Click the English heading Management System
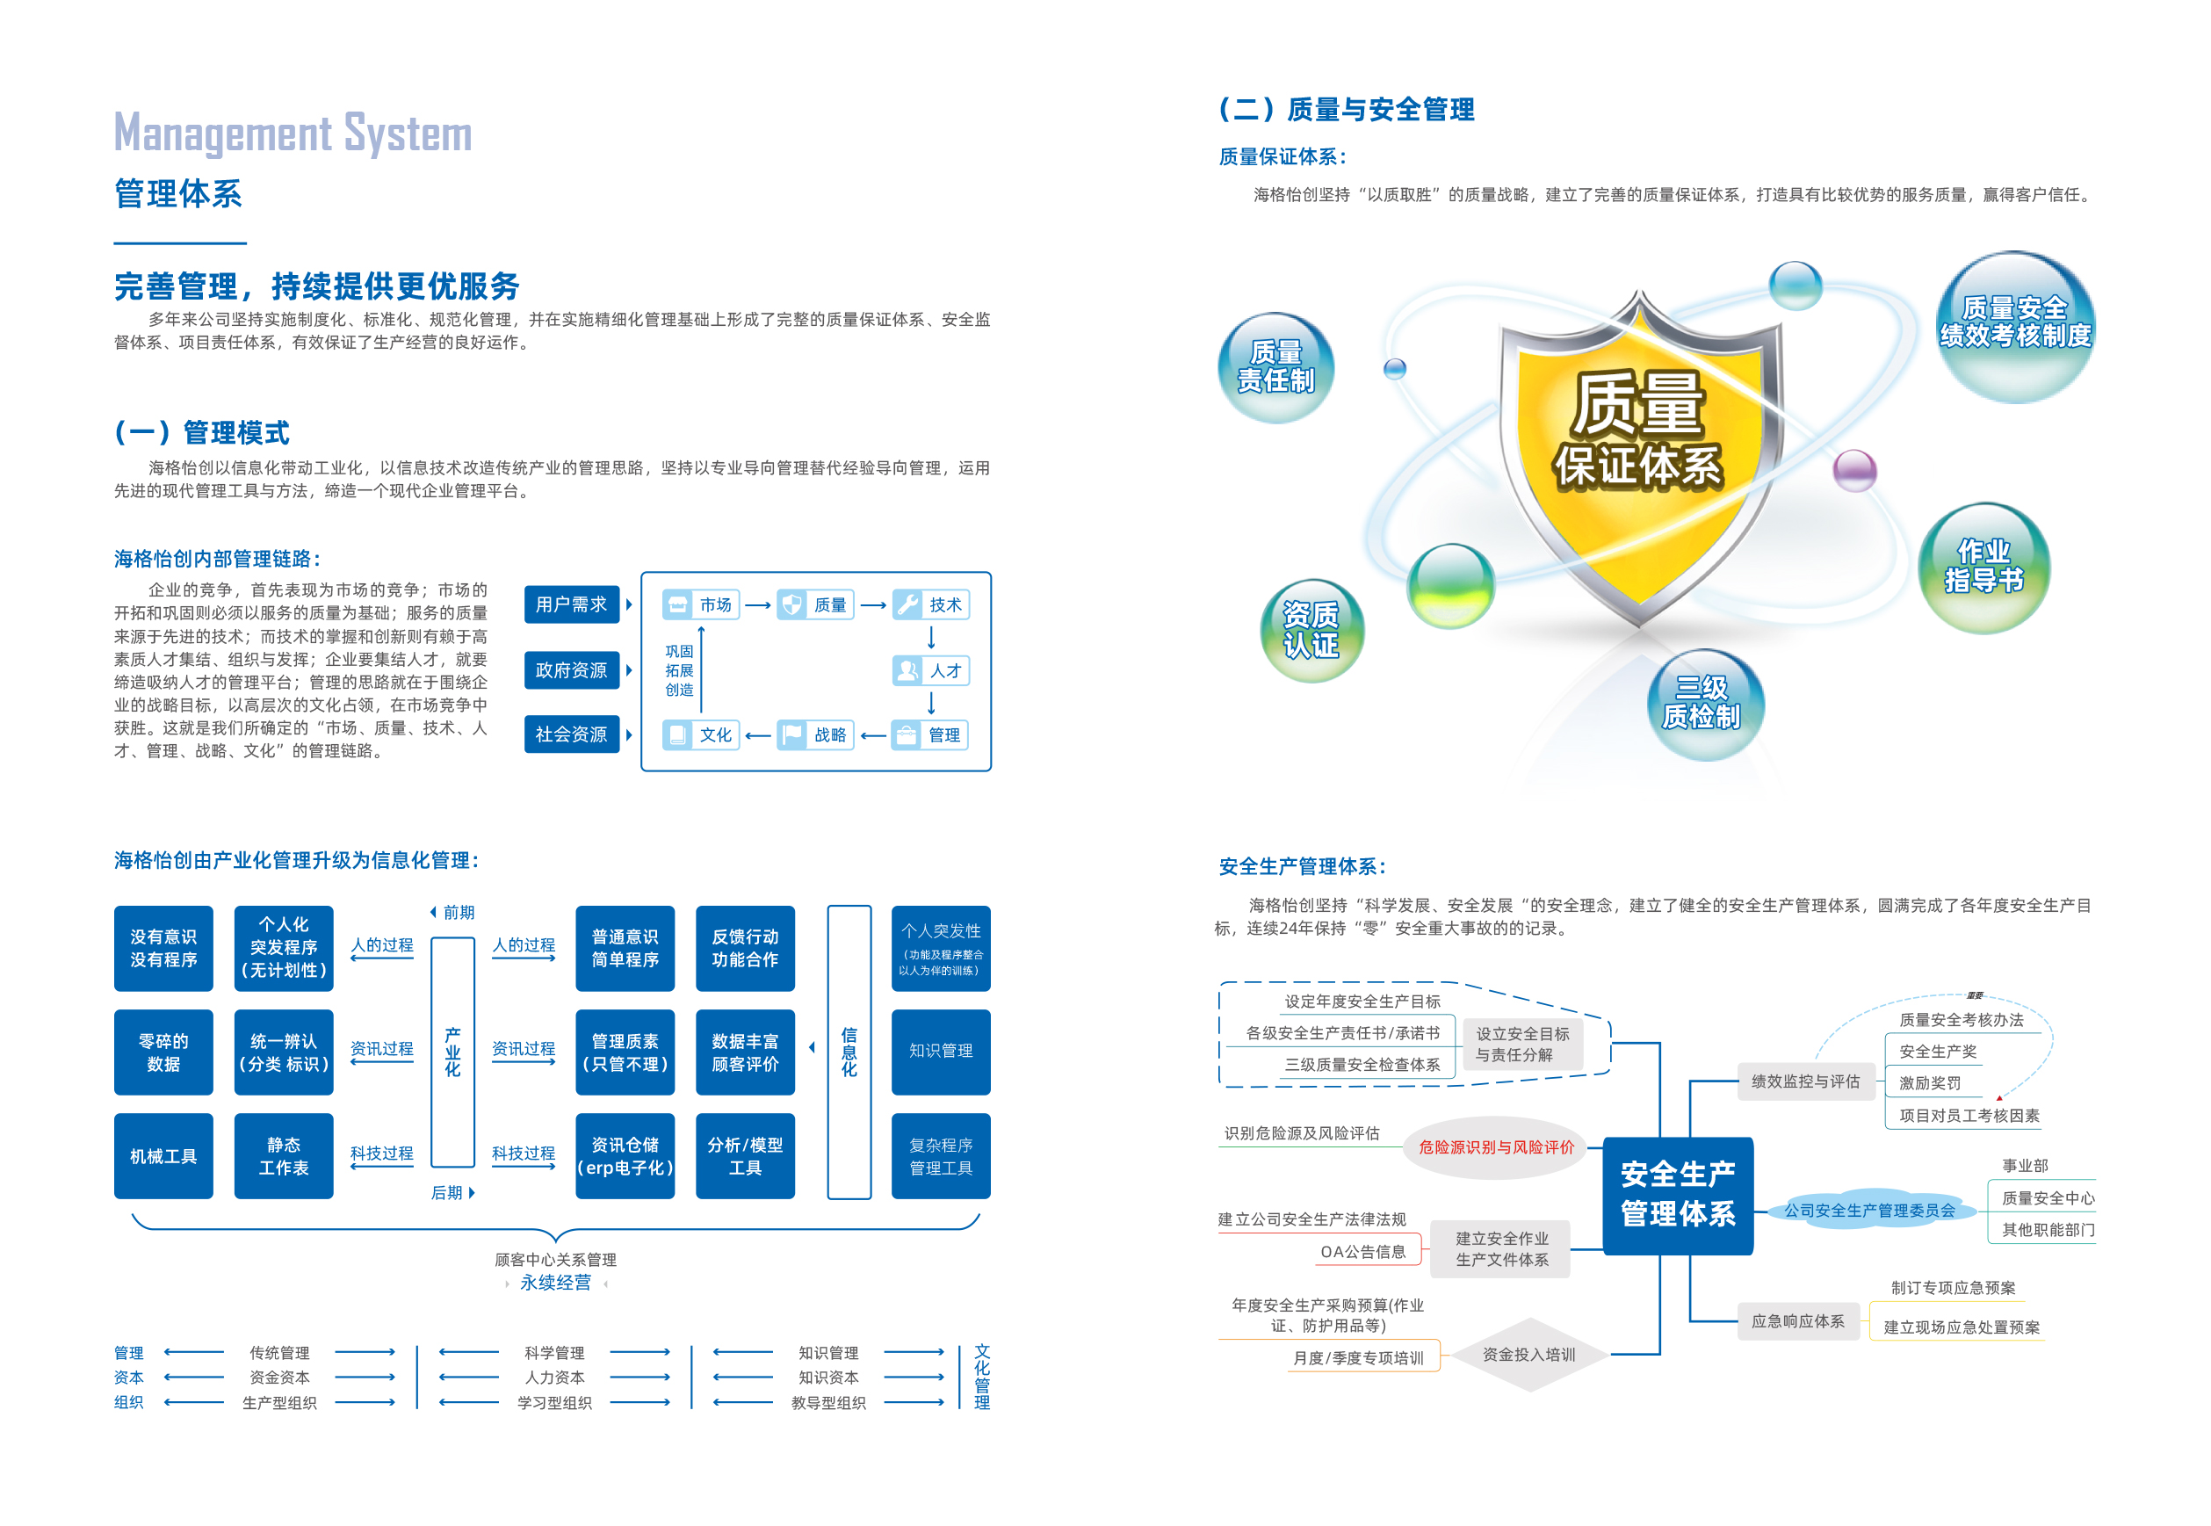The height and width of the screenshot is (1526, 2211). tap(293, 133)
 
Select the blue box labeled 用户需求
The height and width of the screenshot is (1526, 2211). tap(572, 604)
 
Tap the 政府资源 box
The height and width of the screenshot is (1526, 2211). tap(572, 670)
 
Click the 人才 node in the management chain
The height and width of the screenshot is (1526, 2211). tap(931, 670)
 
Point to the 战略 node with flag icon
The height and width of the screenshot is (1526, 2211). tap(815, 734)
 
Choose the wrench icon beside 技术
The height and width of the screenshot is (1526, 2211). tap(907, 604)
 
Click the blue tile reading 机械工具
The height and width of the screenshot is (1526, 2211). tap(163, 1156)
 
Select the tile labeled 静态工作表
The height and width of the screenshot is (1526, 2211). tap(284, 1156)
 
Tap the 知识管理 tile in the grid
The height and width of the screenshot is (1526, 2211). tap(941, 1051)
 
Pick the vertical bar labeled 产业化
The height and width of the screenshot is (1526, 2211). tap(453, 1052)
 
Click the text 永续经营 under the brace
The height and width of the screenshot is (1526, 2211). tap(555, 1282)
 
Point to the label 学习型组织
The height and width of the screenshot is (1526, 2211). tap(554, 1403)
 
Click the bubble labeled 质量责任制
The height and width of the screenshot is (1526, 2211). tap(1276, 367)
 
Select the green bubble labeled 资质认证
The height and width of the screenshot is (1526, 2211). tap(1311, 630)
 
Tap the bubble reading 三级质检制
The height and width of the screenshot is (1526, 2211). tap(1702, 704)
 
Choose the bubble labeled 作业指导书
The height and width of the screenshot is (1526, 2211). tap(1983, 567)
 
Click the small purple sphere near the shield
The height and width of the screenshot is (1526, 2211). tap(1854, 470)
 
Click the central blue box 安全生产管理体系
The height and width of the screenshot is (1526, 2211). tap(1678, 1195)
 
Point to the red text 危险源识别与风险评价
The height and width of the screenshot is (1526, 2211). tap(1496, 1146)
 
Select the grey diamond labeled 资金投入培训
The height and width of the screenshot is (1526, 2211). tap(1528, 1354)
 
